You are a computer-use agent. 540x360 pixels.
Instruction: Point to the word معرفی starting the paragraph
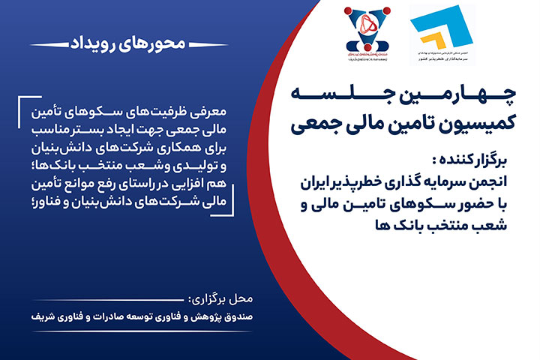221,110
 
